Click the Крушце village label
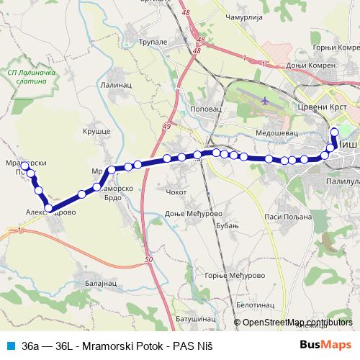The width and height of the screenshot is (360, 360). pyautogui.click(x=96, y=133)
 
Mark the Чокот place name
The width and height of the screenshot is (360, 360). pyautogui.click(x=176, y=193)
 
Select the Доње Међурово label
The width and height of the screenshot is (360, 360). pyautogui.click(x=196, y=215)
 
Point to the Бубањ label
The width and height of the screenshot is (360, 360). pyautogui.click(x=227, y=227)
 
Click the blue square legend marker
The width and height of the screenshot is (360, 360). pyautogui.click(x=11, y=346)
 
